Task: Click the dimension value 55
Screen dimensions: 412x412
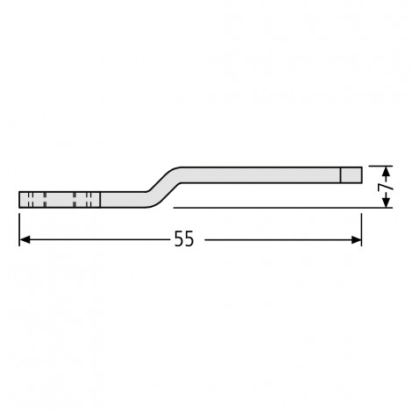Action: point(184,238)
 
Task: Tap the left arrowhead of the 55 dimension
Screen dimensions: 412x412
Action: point(25,240)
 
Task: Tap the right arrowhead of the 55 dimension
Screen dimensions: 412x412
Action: point(356,240)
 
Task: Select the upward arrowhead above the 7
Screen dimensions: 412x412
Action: point(387,172)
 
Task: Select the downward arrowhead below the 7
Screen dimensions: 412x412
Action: point(387,202)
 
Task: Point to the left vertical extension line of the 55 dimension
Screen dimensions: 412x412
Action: point(19,230)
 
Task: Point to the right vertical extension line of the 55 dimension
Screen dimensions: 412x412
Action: point(361,230)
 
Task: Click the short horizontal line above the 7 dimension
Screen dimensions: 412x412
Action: point(380,166)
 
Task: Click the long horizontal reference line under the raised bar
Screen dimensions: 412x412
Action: point(283,208)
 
